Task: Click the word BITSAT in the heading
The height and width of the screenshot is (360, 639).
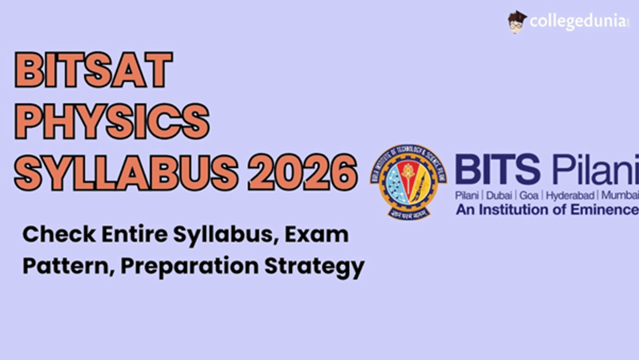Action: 94,70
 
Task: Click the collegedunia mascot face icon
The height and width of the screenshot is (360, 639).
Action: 516,22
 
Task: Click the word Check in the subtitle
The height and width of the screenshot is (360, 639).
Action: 51,235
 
